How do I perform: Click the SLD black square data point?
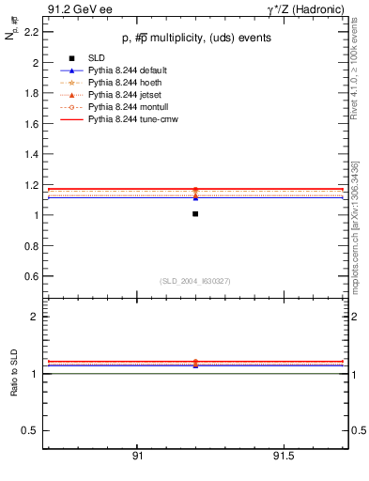click(195, 214)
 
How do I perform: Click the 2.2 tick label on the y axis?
click(31, 32)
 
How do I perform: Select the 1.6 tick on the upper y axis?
click(31, 124)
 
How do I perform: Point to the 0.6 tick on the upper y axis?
click(31, 276)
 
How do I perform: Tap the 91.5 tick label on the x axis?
click(284, 456)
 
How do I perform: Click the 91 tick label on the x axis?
click(137, 456)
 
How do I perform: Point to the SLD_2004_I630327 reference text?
click(194, 281)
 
